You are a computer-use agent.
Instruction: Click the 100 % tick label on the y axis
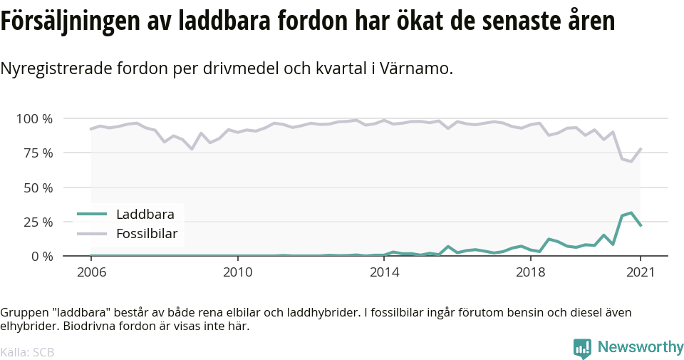pyautogui.click(x=34, y=118)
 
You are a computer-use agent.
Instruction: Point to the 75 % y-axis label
pyautogui.click(x=38, y=153)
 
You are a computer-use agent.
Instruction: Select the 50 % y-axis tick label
pyautogui.click(x=38, y=187)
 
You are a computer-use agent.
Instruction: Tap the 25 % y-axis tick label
pyautogui.click(x=38, y=222)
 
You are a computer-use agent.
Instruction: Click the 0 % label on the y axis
pyautogui.click(x=41, y=256)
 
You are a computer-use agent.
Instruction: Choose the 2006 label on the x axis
pyautogui.click(x=90, y=272)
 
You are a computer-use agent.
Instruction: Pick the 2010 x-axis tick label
pyautogui.click(x=237, y=272)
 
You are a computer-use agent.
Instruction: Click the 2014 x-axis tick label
pyautogui.click(x=384, y=272)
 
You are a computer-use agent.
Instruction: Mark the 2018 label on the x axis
pyautogui.click(x=530, y=272)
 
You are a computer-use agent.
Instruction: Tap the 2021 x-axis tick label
pyautogui.click(x=640, y=272)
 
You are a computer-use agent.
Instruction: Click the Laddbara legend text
pyautogui.click(x=145, y=213)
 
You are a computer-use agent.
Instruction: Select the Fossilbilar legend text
pyautogui.click(x=147, y=233)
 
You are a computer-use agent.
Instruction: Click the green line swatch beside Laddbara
pyautogui.click(x=92, y=213)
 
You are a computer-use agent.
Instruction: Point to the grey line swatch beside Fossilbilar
pyautogui.click(x=92, y=233)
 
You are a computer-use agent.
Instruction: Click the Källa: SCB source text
pyautogui.click(x=27, y=352)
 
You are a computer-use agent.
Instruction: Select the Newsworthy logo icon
pyautogui.click(x=582, y=348)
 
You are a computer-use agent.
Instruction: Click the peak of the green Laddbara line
pyautogui.click(x=631, y=212)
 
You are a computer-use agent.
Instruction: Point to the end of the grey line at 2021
pyautogui.click(x=641, y=149)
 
